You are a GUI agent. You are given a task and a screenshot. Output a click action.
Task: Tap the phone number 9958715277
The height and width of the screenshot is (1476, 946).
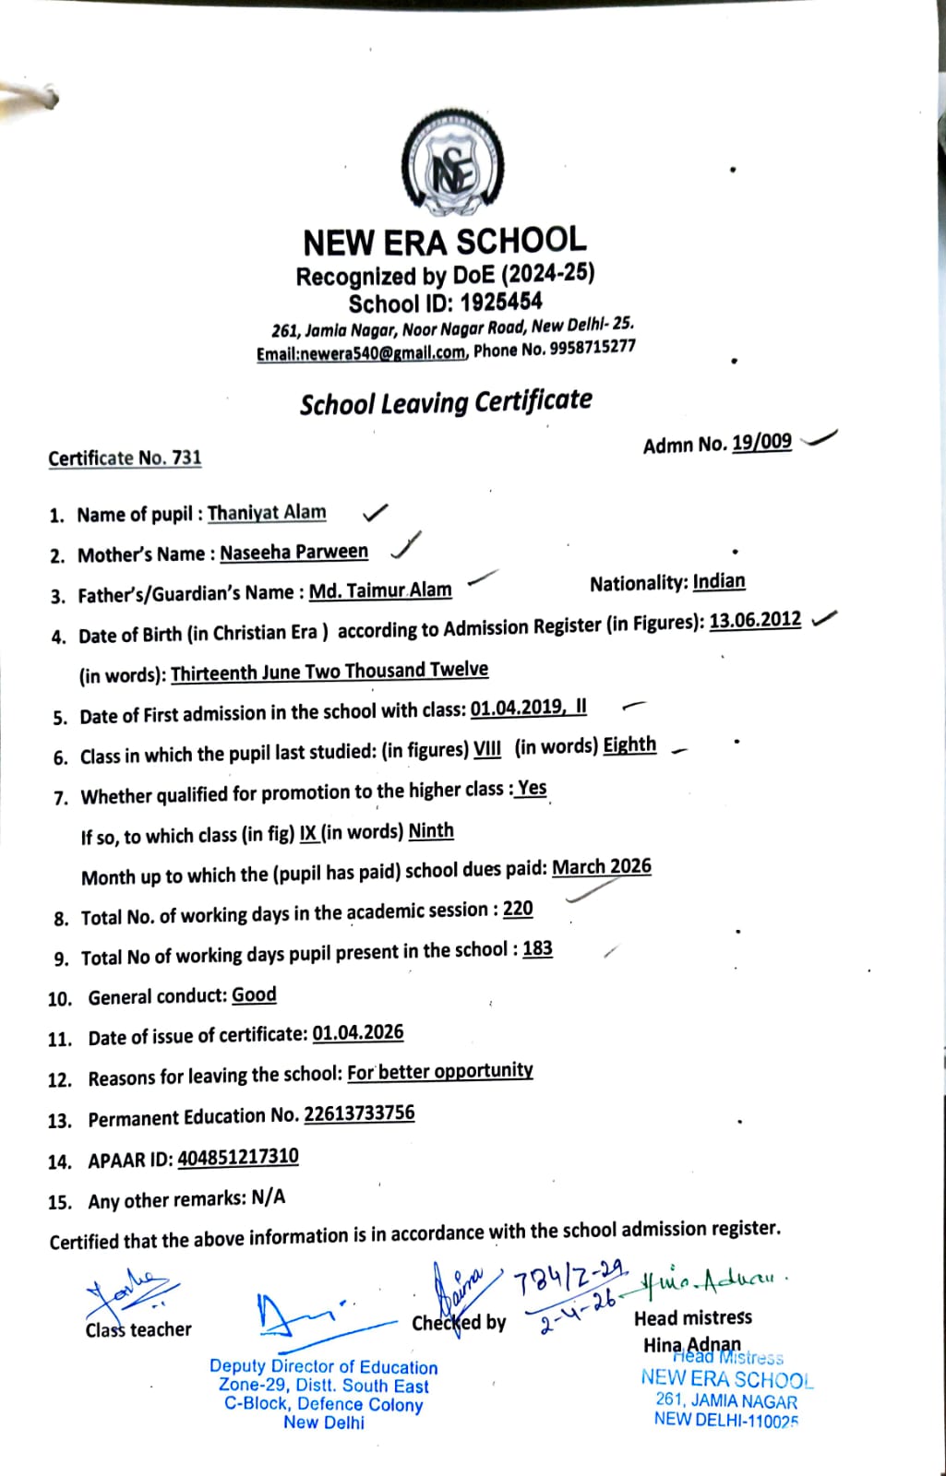[593, 348]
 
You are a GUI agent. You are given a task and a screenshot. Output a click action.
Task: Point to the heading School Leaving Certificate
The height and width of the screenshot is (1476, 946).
[446, 402]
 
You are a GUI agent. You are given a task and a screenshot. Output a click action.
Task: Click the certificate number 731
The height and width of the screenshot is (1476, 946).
[186, 457]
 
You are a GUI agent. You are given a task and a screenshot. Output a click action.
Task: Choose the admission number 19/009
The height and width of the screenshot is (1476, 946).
[761, 442]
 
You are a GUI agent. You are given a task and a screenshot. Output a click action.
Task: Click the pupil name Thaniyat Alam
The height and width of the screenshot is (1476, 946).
[267, 513]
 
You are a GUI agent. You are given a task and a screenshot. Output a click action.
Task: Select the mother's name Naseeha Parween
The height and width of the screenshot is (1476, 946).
[293, 552]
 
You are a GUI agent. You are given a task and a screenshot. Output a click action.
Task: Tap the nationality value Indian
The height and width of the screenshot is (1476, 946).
[719, 581]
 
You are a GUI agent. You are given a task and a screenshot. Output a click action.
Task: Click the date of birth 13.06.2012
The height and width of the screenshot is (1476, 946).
[755, 620]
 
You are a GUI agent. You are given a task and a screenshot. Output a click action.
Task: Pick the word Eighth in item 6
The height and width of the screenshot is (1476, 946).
[629, 745]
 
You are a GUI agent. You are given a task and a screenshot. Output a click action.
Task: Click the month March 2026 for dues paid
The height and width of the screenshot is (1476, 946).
[602, 867]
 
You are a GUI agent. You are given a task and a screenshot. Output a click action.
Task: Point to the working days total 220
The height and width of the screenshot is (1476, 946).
[518, 909]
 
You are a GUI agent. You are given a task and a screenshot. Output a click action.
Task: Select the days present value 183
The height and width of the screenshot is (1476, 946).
[537, 949]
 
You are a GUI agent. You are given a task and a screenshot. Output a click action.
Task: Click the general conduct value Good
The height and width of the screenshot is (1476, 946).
[254, 994]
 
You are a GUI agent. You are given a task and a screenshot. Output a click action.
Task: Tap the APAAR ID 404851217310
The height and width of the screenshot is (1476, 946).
[238, 1157]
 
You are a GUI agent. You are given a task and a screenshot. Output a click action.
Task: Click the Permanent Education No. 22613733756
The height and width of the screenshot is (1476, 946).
[359, 1113]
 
